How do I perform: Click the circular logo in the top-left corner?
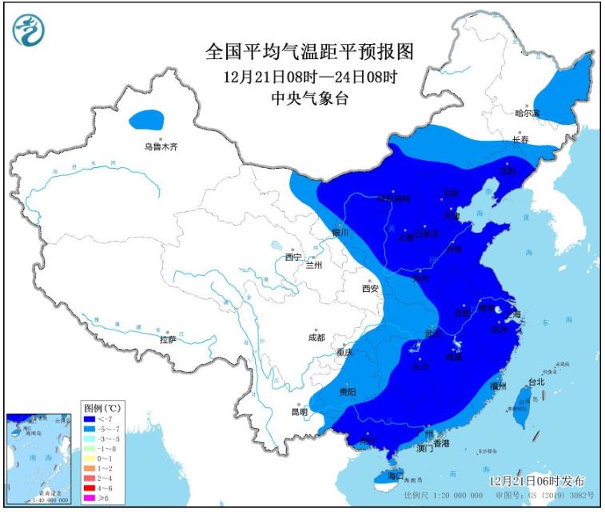tap(29, 30)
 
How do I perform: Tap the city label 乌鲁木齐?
tap(160, 146)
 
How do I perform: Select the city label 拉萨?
tap(167, 339)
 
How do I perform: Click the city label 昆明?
tap(299, 412)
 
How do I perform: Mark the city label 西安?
tap(368, 288)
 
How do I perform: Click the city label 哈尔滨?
tap(527, 114)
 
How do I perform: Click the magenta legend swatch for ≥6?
tap(89, 498)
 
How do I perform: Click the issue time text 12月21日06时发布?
tap(537, 481)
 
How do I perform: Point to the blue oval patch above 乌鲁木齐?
tap(147, 121)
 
